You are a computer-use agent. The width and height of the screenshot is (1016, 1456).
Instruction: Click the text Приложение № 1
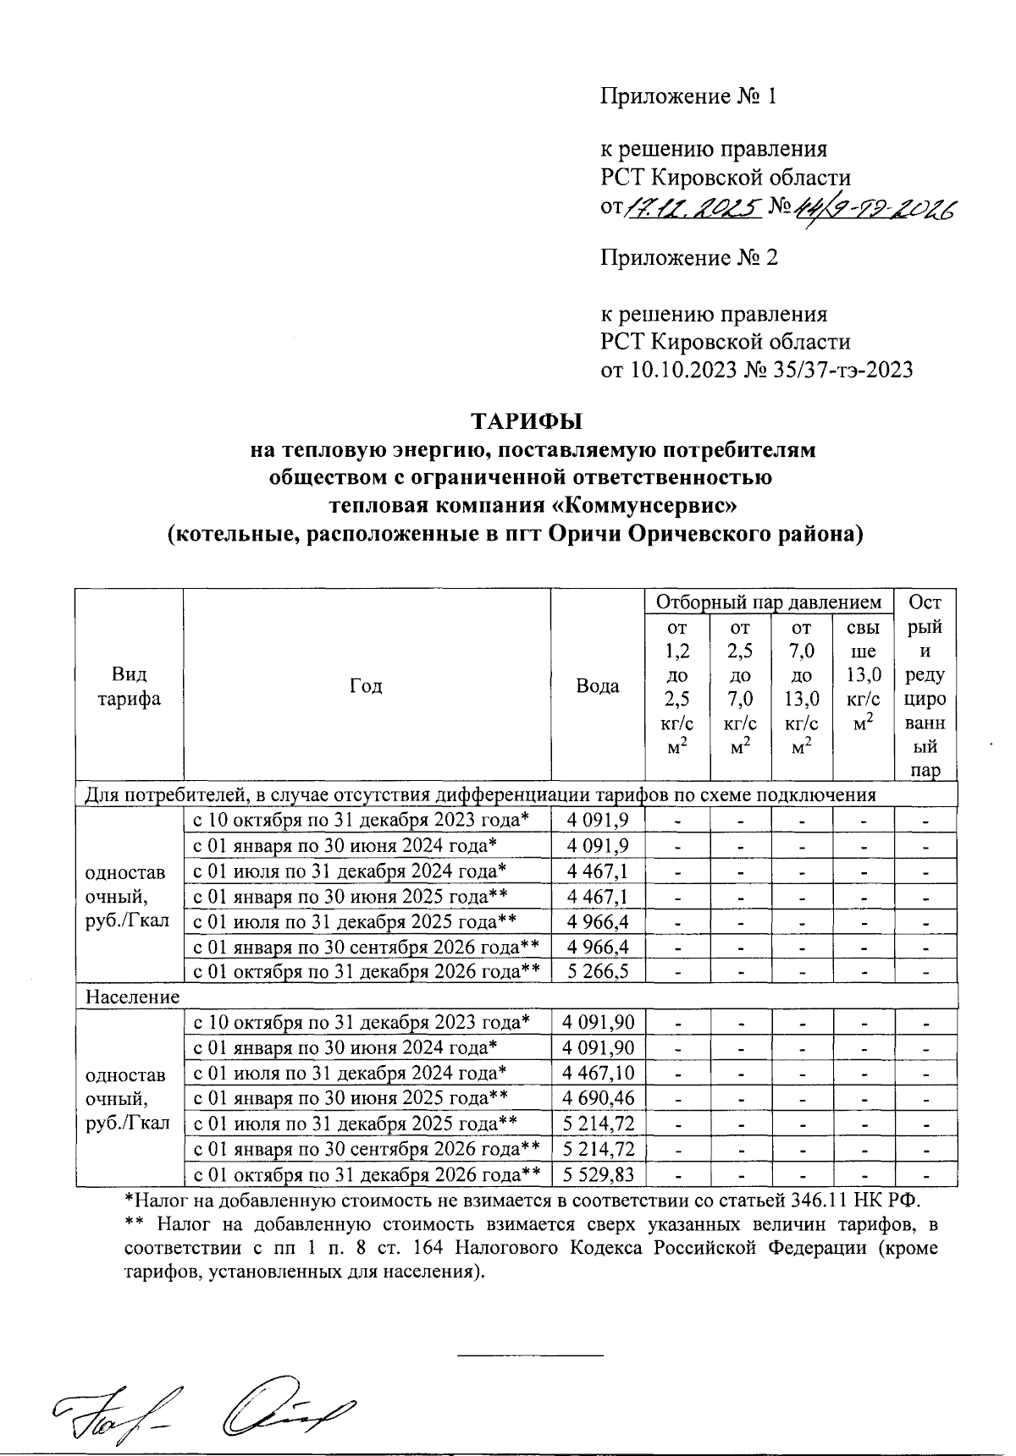(688, 96)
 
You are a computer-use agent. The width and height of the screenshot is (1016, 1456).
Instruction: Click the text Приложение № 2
(688, 257)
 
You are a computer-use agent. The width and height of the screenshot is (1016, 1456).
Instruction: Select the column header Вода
(597, 686)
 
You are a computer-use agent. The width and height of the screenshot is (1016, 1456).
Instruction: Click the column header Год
(366, 685)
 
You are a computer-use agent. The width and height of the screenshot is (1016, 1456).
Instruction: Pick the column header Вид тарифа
(129, 686)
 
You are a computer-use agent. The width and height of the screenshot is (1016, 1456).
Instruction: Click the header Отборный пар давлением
(769, 602)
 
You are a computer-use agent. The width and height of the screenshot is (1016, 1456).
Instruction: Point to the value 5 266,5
(598, 971)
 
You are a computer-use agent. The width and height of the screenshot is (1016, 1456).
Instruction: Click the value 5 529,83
(598, 1174)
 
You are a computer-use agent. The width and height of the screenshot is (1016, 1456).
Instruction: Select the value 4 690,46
(598, 1098)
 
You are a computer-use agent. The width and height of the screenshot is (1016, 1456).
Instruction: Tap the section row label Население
(133, 997)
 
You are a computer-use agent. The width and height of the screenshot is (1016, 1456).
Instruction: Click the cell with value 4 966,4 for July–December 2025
(598, 920)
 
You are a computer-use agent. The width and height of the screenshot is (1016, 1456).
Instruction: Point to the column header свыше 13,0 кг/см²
(864, 675)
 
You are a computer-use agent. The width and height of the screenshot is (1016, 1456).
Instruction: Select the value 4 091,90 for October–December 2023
(598, 1022)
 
